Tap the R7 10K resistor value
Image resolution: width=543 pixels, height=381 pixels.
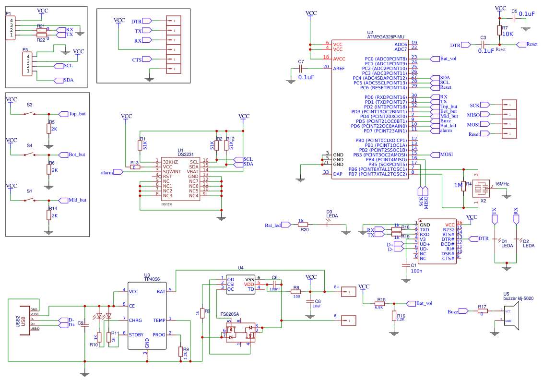(x=508, y=34)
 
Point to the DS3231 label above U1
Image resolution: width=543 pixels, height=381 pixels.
(x=186, y=155)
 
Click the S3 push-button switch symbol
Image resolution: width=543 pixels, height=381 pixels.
(x=30, y=114)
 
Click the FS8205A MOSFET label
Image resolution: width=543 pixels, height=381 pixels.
(x=230, y=315)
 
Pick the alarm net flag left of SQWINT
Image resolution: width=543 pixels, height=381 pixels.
(x=107, y=172)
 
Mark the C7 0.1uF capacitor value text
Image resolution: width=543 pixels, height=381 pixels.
(x=306, y=77)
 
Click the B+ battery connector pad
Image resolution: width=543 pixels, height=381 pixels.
(x=349, y=292)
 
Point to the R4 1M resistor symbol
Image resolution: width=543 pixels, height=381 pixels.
(x=463, y=186)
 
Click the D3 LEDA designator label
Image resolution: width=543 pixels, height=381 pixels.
(x=332, y=214)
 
